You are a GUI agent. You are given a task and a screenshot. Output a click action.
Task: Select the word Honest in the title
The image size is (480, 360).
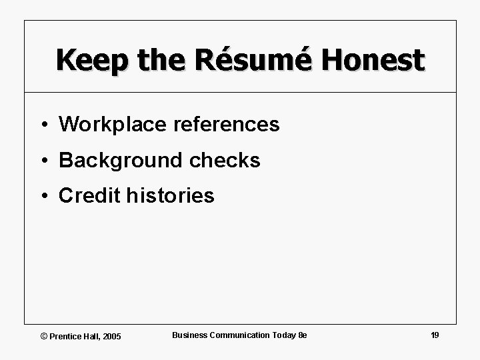click(373, 59)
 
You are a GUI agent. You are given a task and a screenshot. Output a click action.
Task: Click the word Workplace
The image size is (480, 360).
click(110, 124)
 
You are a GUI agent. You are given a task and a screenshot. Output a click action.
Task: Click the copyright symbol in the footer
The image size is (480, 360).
click(45, 336)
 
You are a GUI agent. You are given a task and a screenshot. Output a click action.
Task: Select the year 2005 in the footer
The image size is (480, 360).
click(111, 336)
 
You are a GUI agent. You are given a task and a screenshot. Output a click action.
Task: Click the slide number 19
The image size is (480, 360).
click(435, 335)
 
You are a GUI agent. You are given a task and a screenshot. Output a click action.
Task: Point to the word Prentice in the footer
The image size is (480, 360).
click(64, 336)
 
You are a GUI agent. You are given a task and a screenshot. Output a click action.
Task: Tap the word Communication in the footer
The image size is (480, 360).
click(237, 335)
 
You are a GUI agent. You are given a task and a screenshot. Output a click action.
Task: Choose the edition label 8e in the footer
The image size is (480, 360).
click(302, 335)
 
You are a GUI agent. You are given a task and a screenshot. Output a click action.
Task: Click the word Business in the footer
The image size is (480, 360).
click(189, 335)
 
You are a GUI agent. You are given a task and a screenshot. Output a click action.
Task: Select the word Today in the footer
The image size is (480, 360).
click(283, 335)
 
